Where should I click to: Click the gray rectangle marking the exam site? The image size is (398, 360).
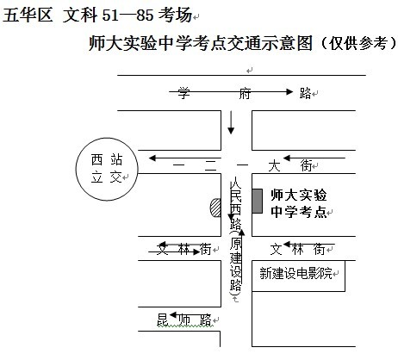point(258,201)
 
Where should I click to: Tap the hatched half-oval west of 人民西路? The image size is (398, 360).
point(215,208)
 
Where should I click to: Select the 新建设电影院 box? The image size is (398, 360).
point(298,276)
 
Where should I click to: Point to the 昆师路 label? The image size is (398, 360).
point(184,320)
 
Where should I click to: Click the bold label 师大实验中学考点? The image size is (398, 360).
point(299,203)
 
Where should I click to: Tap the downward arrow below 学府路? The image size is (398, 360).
point(231,122)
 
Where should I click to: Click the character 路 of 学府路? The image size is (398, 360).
point(305,93)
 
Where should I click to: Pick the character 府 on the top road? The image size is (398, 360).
point(245,94)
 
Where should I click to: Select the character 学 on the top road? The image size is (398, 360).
point(184,93)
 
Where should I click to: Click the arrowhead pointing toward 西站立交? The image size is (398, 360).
point(152,158)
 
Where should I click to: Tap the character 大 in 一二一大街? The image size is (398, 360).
point(274,165)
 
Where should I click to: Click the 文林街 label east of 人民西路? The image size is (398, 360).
point(297,249)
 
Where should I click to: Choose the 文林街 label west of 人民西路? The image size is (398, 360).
point(184,249)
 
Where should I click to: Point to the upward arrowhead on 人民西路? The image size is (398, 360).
point(242,233)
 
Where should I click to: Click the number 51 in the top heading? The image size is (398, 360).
point(110,15)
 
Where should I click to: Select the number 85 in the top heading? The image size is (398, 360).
point(145,15)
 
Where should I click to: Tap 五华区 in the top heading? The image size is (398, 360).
point(28,15)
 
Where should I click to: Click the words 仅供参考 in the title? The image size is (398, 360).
point(358,43)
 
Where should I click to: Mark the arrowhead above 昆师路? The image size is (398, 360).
point(173,315)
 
